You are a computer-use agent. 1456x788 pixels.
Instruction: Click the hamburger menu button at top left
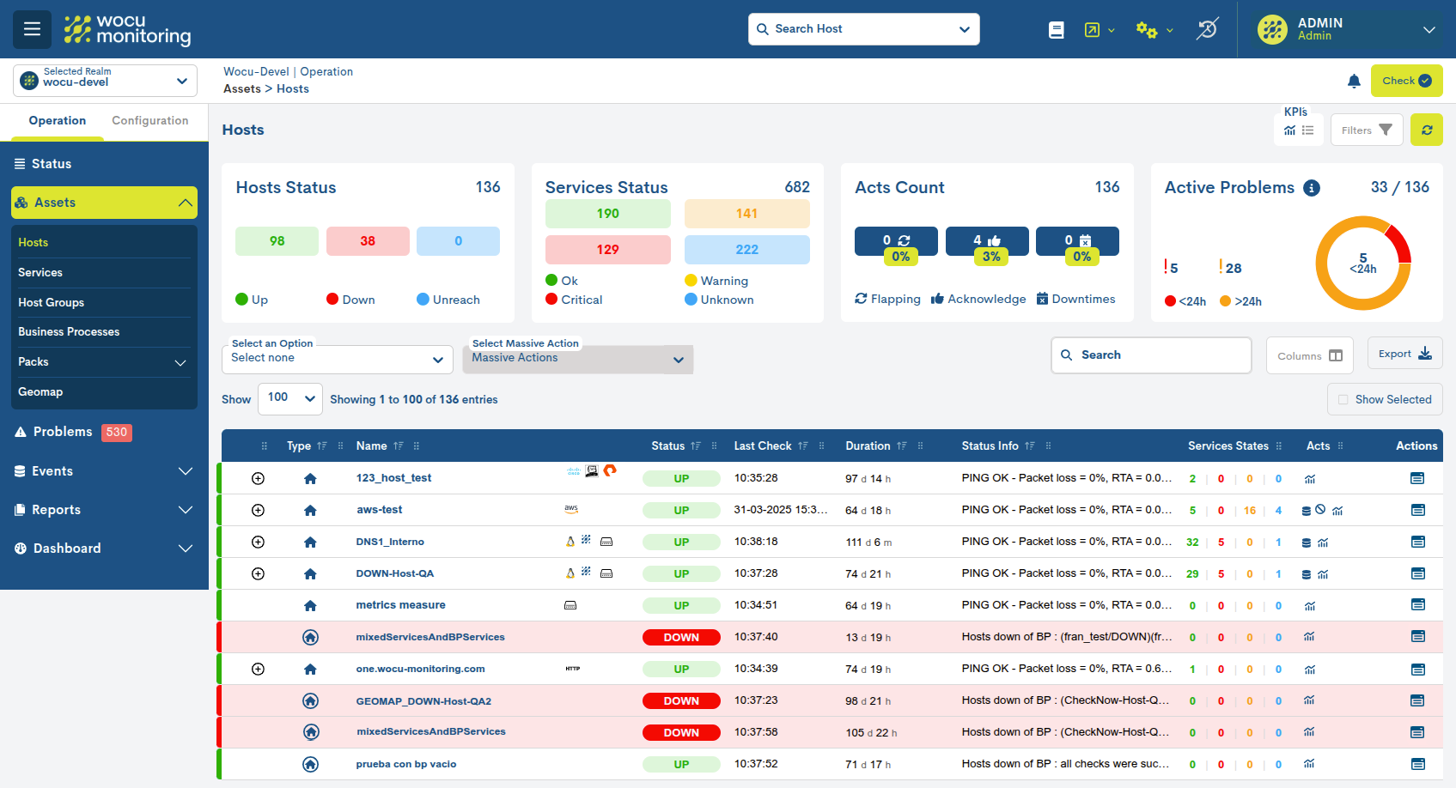tap(32, 29)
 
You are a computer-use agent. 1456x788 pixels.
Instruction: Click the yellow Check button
tap(1406, 81)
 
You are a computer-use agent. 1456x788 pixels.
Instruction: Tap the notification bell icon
tap(1354, 82)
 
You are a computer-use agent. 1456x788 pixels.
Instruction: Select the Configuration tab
tap(149, 121)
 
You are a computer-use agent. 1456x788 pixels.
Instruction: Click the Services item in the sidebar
tap(40, 273)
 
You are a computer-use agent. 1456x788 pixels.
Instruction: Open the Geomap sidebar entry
tap(40, 392)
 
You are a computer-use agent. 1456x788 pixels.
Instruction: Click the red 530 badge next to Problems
tap(117, 433)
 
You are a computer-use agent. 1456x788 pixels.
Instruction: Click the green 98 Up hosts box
tap(277, 241)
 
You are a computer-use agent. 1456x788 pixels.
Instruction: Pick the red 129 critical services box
tap(607, 250)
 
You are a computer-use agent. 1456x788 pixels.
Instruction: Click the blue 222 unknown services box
tap(746, 250)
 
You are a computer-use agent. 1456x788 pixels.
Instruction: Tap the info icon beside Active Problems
tap(1311, 188)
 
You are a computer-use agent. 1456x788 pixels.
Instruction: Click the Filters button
tap(1366, 130)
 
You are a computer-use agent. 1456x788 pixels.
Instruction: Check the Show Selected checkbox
tap(1343, 400)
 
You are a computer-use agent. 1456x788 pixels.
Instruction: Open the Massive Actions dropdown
tap(577, 359)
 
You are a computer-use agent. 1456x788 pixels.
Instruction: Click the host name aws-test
tap(379, 510)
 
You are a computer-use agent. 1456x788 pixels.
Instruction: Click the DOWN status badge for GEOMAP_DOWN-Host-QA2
tap(681, 701)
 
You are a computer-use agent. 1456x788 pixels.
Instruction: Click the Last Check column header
tap(762, 446)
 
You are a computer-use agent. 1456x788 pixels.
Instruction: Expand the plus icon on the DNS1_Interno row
tap(258, 543)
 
